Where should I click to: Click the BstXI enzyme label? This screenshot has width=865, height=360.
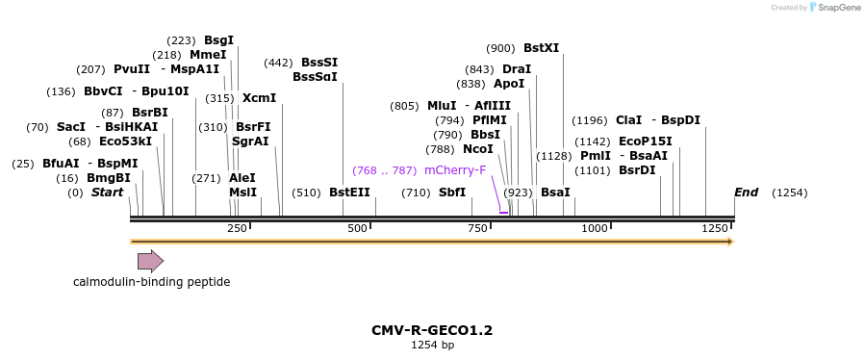coord(541,48)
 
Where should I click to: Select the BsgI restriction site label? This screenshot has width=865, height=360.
coord(218,40)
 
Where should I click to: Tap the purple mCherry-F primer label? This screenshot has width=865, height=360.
coord(455,170)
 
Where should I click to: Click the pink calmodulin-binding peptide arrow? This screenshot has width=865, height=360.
coord(150,261)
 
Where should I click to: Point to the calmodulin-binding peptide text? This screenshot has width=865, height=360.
coord(151,282)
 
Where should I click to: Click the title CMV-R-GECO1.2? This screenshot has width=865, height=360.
coord(432,330)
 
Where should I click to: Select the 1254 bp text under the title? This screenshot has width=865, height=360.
coord(432,345)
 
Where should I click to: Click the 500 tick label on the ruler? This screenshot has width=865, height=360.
coord(358,228)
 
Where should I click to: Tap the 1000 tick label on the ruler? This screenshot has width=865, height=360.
coord(595,228)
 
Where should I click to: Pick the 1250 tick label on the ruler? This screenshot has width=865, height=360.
coord(715,228)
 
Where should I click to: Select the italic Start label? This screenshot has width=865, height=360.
coord(107,193)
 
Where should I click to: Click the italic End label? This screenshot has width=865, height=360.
coord(747,193)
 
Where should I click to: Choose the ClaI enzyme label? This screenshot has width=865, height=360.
coord(628,120)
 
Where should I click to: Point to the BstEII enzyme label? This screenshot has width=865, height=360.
coord(349,193)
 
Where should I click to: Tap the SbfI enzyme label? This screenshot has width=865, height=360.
coord(452,193)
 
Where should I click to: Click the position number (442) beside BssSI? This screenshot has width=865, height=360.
coord(278,63)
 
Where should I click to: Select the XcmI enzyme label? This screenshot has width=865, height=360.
coord(259,98)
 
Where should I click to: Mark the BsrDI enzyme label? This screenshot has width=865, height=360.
coord(637,170)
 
